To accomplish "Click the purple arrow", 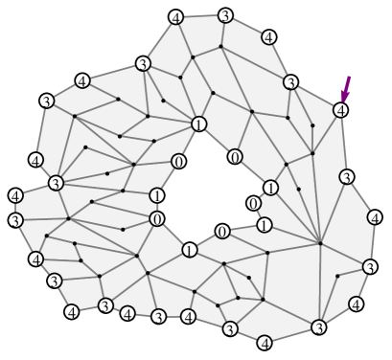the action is coord(346,88).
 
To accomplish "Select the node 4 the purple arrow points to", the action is coord(338,111).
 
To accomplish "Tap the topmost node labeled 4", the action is coord(175,18).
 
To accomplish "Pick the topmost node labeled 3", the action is coord(224,15).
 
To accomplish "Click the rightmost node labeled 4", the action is coord(375,217).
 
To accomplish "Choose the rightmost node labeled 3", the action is coord(369,267).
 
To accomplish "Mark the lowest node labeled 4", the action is coord(265,342).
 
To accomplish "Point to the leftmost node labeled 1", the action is coord(156,195).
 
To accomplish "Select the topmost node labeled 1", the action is coord(198,124).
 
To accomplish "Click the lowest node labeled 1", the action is coord(190,251).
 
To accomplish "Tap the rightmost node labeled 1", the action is coord(271,188).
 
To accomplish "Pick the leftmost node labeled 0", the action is coord(156,219).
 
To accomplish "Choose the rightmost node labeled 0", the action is coord(253,203).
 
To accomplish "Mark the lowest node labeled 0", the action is coord(221,232).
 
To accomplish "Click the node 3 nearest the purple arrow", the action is coord(290,82).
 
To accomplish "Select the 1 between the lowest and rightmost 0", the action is coord(265,225).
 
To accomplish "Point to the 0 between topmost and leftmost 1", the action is coord(177,161).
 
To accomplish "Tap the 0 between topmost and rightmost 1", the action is coord(235,156).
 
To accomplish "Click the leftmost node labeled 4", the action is coord(15,196).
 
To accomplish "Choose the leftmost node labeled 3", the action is coord(15,220).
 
